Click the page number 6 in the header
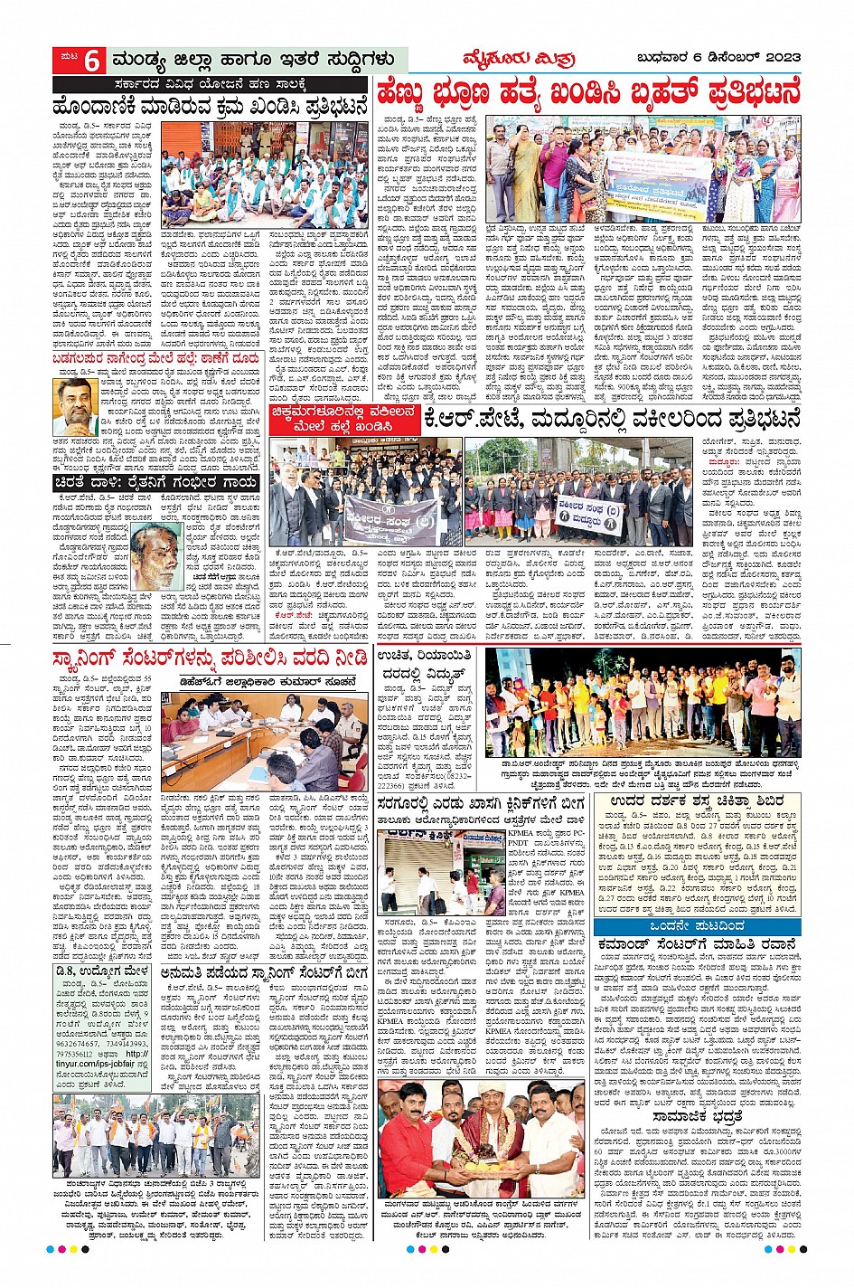(x=92, y=61)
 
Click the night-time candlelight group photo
(x=643, y=703)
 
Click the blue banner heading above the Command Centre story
(x=697, y=927)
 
